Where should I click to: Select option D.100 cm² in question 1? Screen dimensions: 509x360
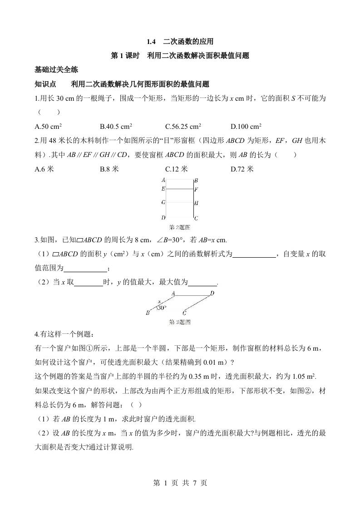(246, 127)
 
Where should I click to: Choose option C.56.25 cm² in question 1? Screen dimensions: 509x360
(183, 127)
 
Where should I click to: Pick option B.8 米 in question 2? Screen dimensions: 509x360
(109, 169)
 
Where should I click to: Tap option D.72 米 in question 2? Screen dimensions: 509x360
(242, 169)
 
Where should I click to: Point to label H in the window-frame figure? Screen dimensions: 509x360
(196, 203)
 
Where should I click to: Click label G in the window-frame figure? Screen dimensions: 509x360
(163, 203)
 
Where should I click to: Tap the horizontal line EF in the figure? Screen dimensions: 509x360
(179, 189)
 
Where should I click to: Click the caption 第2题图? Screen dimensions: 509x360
(179, 227)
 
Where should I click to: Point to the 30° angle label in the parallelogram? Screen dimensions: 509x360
(161, 308)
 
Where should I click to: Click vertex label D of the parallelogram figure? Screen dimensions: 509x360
(212, 294)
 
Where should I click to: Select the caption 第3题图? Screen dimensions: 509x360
(179, 322)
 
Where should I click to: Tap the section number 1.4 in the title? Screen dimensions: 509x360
(151, 42)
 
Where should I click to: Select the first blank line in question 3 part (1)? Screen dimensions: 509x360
(254, 255)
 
